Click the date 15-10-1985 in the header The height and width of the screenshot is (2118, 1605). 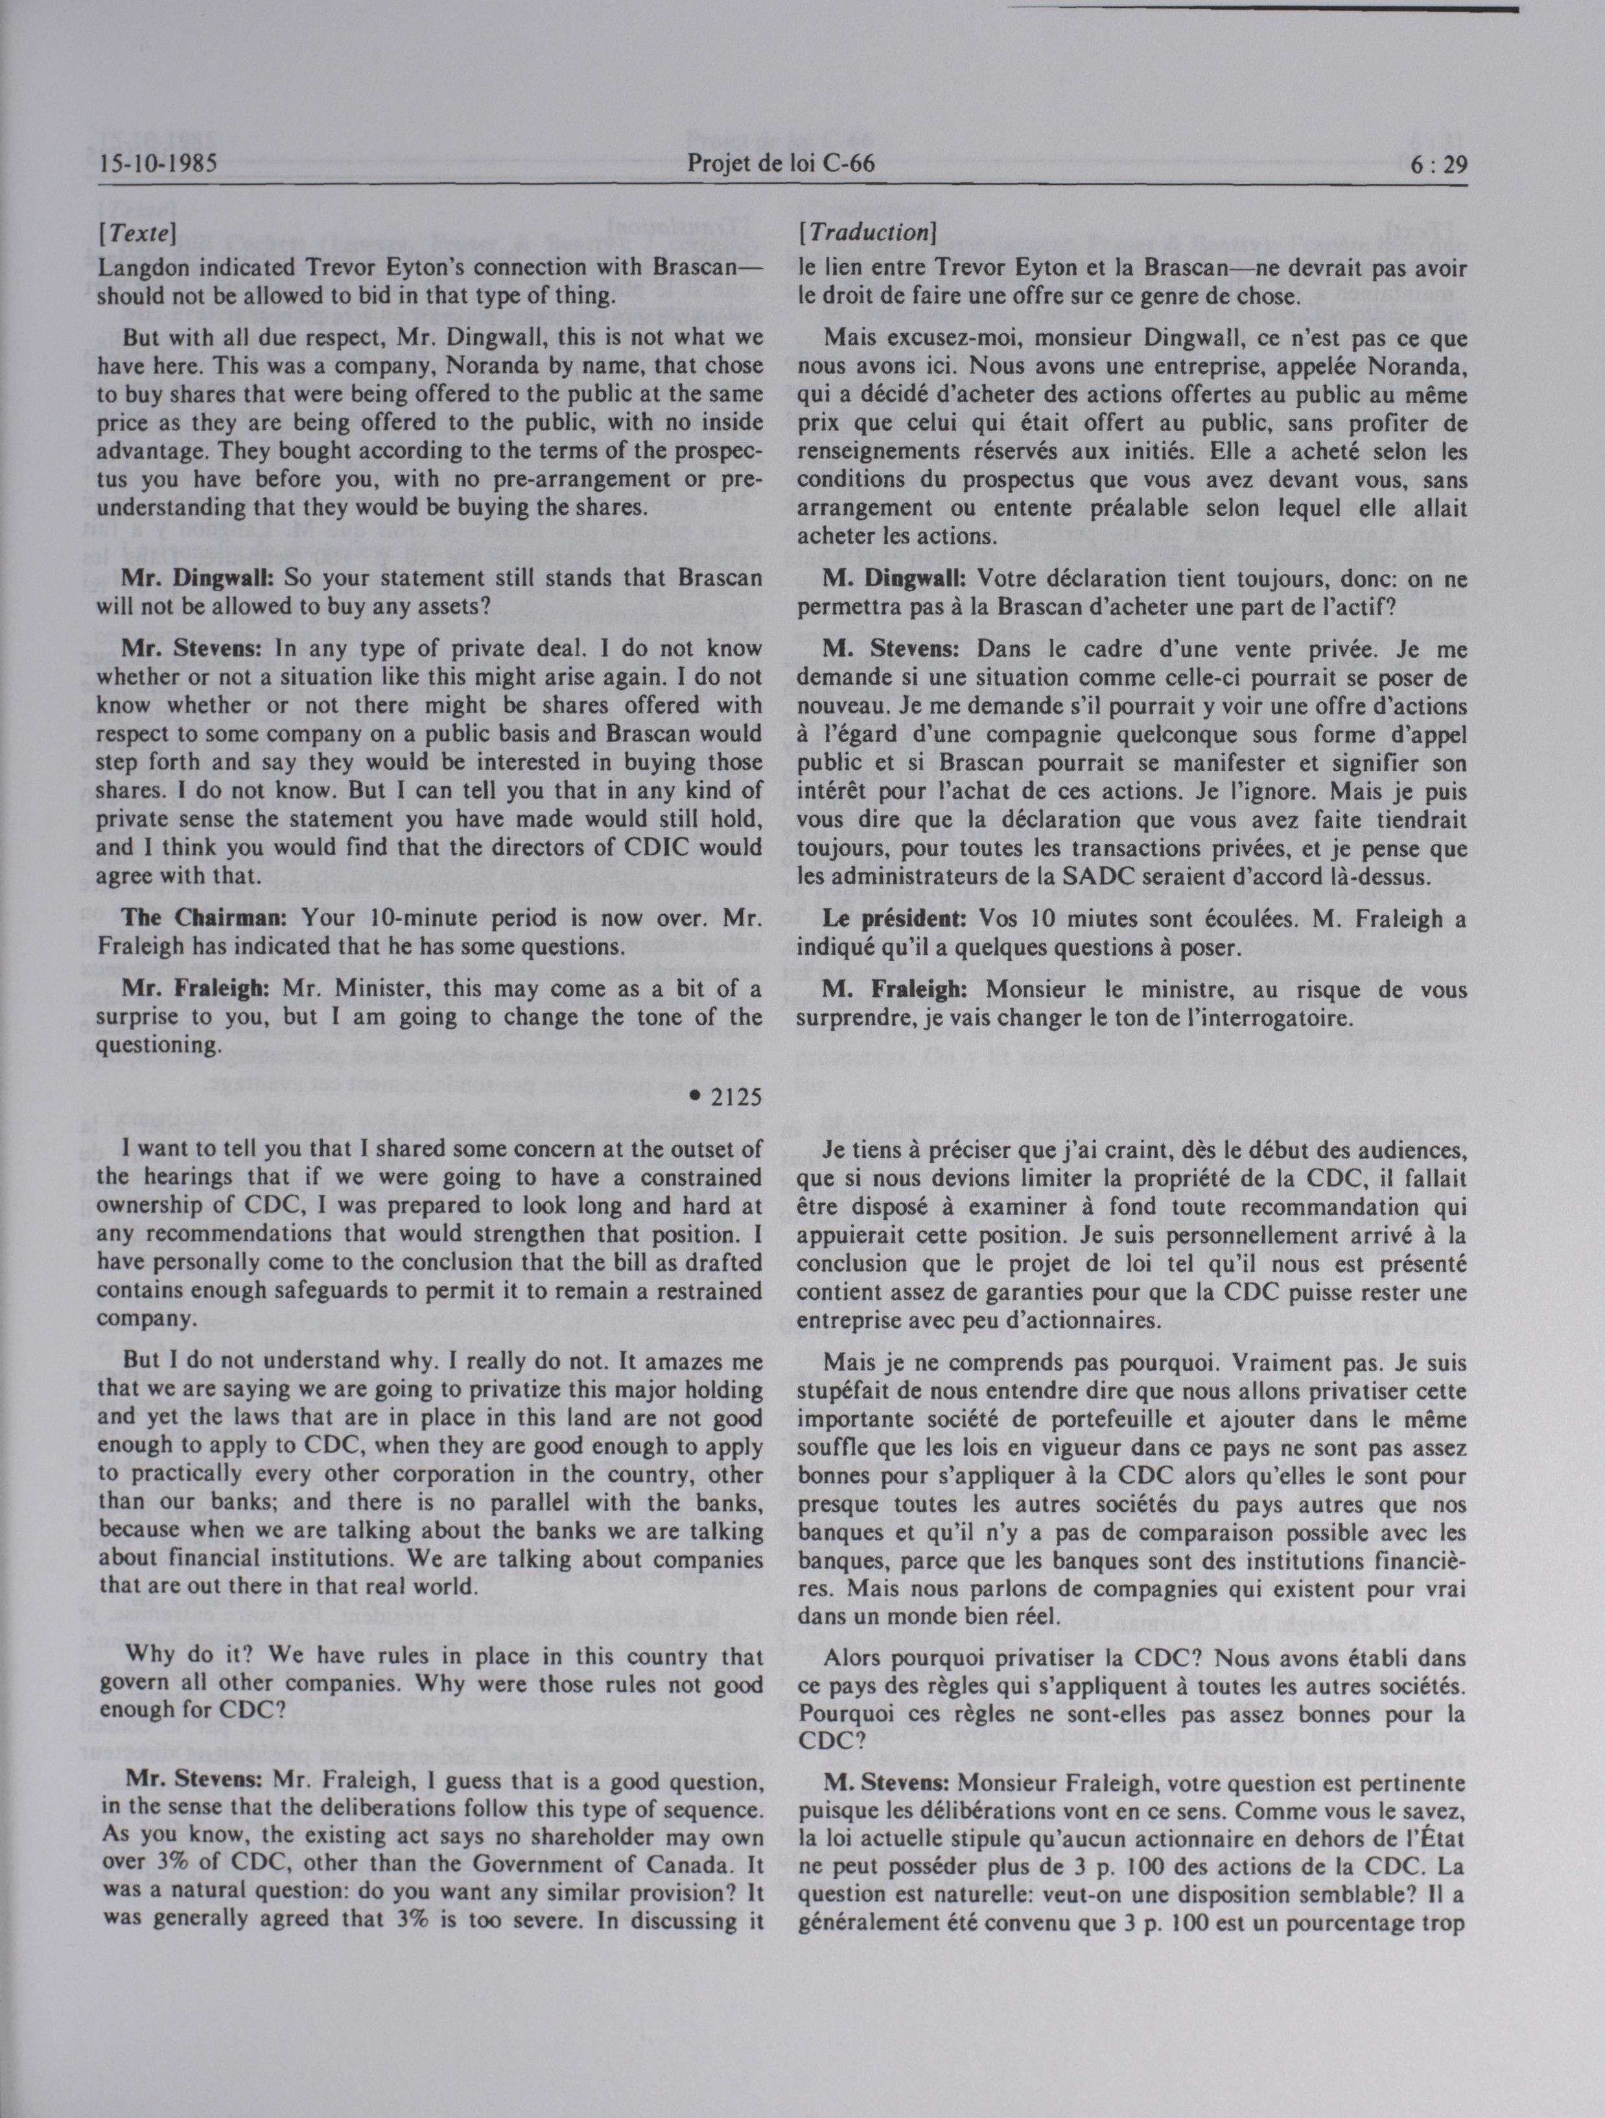pyautogui.click(x=158, y=164)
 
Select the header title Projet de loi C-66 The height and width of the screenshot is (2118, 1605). pyautogui.click(x=780, y=164)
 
